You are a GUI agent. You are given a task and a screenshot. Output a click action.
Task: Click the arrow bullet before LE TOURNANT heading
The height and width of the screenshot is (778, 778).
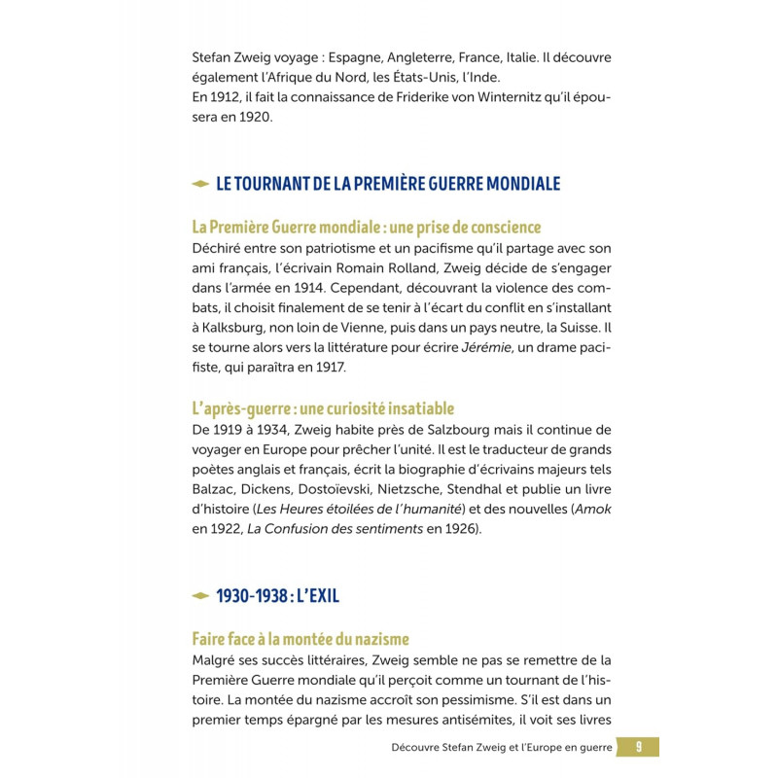(200, 183)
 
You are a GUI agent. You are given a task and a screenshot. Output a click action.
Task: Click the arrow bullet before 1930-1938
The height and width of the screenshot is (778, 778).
(200, 595)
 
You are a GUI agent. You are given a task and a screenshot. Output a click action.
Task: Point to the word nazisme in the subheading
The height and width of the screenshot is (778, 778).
(374, 639)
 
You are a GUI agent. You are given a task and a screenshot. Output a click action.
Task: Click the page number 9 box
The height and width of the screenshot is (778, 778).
(638, 747)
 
